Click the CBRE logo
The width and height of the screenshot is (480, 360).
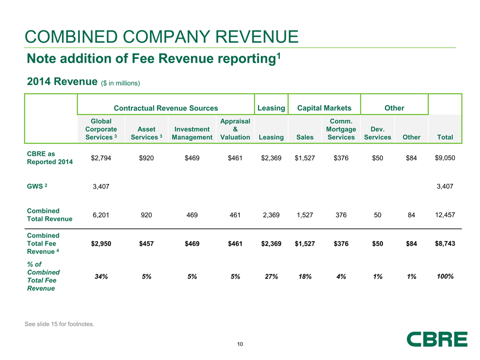click(437, 339)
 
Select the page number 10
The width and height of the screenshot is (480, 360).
click(240, 344)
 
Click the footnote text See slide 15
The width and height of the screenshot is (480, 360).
click(59, 325)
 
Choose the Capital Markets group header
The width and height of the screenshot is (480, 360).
click(324, 108)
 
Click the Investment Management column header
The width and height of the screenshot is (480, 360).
click(191, 133)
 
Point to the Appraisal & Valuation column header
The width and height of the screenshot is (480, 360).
click(235, 129)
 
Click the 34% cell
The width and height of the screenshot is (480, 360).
click(101, 277)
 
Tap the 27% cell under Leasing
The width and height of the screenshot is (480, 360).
click(272, 277)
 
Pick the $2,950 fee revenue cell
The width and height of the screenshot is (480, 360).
click(101, 243)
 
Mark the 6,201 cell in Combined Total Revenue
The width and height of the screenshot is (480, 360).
click(101, 215)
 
